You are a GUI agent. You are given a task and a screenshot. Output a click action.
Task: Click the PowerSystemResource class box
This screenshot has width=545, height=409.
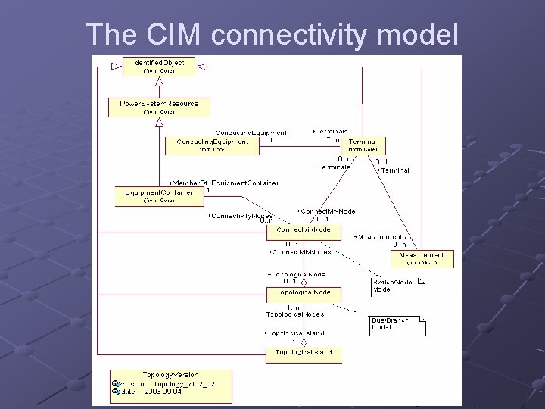(x=160, y=107)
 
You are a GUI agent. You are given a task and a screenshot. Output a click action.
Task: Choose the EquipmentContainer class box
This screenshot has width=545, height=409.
(x=159, y=196)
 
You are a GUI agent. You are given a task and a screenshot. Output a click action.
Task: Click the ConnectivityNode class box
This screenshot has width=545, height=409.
(x=303, y=229)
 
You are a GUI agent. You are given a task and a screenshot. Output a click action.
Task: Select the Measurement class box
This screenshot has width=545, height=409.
(x=422, y=258)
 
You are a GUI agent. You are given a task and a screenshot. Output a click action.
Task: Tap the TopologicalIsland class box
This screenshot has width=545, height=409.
(x=303, y=353)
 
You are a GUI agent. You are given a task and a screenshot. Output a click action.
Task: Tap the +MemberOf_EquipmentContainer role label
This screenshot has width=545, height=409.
(x=223, y=183)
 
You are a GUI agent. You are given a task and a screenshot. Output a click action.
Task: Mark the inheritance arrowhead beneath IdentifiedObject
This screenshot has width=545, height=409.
(x=160, y=81)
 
